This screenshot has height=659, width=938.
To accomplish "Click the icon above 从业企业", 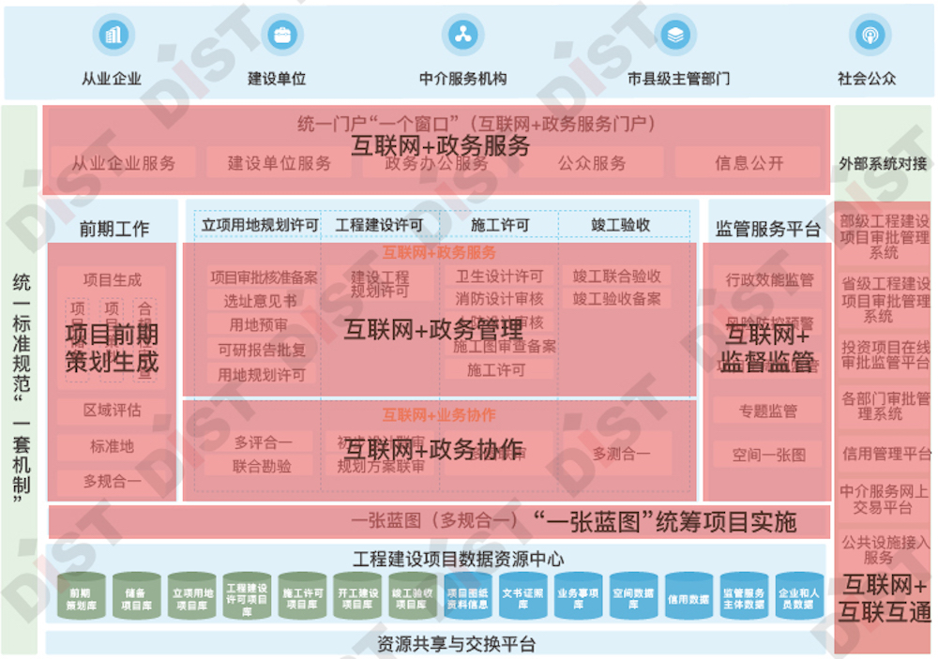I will (x=113, y=36).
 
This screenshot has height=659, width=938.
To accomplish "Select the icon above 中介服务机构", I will (x=462, y=36).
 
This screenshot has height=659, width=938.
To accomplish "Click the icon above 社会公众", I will (x=869, y=36).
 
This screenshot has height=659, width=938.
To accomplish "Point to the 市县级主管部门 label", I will (x=678, y=79).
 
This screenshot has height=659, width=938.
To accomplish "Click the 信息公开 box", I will (x=749, y=163).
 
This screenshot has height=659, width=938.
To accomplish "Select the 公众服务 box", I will (x=592, y=163).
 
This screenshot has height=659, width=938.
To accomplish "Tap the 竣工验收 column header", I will (x=621, y=225).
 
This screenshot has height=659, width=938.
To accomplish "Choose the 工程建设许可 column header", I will (x=379, y=225).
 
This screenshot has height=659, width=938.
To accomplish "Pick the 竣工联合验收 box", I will (x=616, y=277).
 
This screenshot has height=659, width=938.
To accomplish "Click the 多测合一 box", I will (x=621, y=454).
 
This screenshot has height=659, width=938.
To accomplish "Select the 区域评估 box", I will (x=113, y=411).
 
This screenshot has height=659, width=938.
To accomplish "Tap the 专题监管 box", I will (x=768, y=411).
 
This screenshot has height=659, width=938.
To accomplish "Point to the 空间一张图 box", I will (x=768, y=455).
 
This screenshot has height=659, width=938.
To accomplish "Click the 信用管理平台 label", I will (x=885, y=454).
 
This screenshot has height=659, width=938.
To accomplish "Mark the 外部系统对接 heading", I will (x=883, y=164).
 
